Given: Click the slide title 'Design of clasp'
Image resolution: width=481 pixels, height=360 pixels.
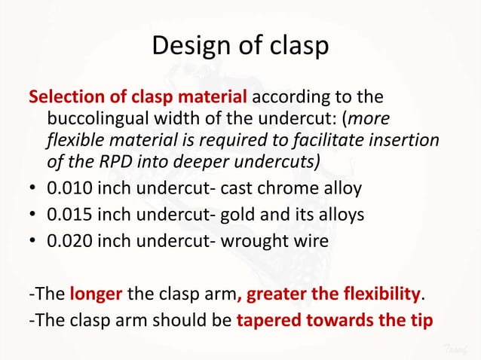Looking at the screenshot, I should [x=240, y=46].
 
